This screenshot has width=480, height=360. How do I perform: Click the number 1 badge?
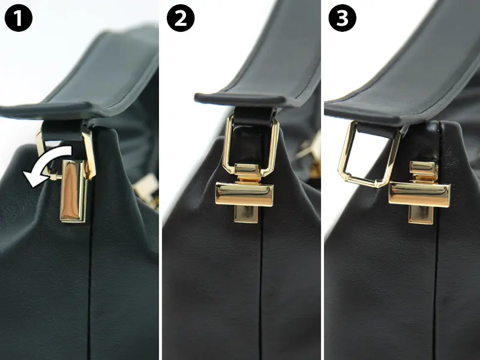(x=19, y=18)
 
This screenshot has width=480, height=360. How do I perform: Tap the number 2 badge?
(x=181, y=18)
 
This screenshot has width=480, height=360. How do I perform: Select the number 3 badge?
(x=342, y=18)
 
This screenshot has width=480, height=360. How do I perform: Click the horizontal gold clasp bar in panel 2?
(x=244, y=194)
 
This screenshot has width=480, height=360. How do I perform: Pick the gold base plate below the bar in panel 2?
(x=246, y=214)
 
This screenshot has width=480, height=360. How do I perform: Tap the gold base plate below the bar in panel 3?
(x=421, y=215)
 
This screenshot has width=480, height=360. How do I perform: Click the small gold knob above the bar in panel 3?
(x=424, y=172)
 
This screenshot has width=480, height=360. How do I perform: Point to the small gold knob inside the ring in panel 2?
(x=248, y=173)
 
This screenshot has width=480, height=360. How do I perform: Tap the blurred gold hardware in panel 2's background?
(x=309, y=157)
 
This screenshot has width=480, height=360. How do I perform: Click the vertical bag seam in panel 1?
(x=90, y=291)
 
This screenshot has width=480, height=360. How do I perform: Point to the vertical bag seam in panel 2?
(x=260, y=291)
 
